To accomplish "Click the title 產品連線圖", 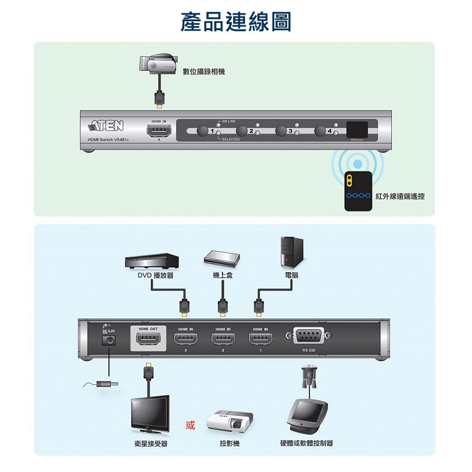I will tap(236, 22).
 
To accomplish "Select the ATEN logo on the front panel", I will tap(106, 126).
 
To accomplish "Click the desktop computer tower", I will tap(292, 252).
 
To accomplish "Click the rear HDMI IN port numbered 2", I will tap(223, 340).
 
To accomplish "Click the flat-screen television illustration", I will tap(150, 414).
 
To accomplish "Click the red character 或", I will tap(191, 426).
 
